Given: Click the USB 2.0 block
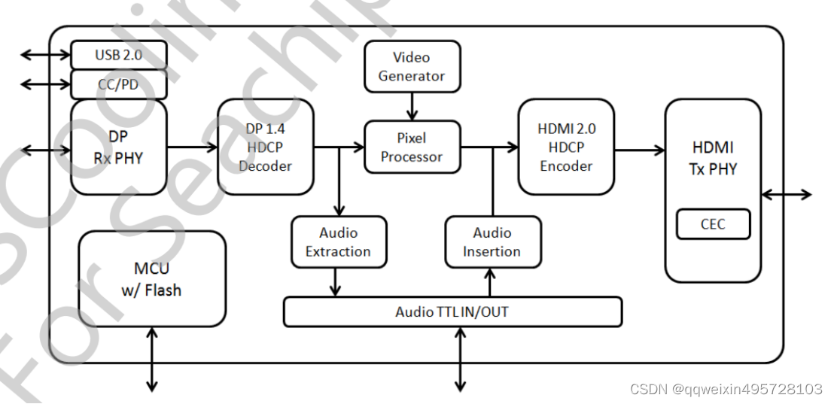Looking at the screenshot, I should click(118, 55).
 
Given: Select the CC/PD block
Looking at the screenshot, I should click(118, 84).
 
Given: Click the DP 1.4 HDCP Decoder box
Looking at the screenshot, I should click(265, 147).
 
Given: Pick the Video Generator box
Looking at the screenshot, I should click(412, 66).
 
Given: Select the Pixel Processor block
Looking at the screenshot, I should click(412, 147).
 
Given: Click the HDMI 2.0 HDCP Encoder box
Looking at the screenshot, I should click(566, 147).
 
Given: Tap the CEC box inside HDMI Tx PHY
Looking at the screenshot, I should click(713, 224).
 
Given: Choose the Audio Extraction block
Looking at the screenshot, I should click(339, 241).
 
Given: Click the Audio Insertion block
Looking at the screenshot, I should click(492, 241).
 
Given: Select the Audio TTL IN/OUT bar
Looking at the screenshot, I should click(452, 311).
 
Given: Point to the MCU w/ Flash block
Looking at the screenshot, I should click(152, 279).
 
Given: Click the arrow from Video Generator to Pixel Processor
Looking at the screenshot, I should click(412, 106).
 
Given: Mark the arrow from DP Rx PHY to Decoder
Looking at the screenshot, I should click(192, 148).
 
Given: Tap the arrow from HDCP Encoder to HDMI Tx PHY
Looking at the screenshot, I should click(639, 150).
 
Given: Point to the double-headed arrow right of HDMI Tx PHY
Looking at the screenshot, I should click(787, 195).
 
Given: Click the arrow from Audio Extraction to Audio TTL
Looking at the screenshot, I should click(336, 281).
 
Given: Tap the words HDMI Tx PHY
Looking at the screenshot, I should click(712, 159).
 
